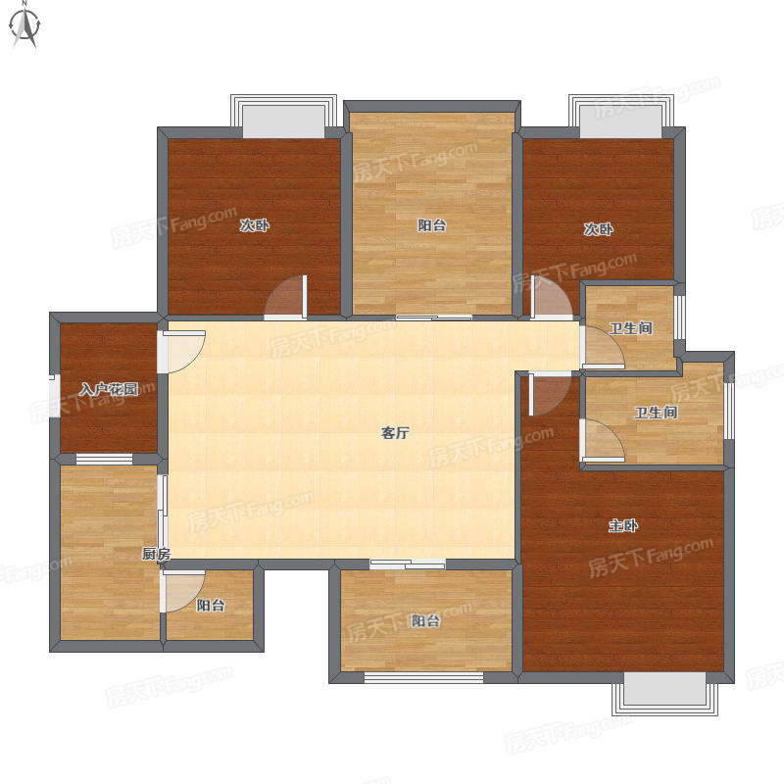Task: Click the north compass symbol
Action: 25,26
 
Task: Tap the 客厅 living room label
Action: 395,432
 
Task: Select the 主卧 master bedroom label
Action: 623,525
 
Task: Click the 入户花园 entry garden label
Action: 109,389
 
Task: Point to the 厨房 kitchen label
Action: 157,554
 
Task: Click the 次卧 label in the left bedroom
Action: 255,225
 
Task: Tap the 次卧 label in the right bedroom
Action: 599,229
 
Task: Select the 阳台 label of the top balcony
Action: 432,225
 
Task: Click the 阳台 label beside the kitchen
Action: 211,606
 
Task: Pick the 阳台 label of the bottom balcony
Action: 425,621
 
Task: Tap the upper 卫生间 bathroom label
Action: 630,328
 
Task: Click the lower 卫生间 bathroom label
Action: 656,413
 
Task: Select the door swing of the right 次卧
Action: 551,298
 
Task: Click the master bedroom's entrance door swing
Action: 550,394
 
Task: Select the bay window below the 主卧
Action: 665,694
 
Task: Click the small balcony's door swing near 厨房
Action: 183,592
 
